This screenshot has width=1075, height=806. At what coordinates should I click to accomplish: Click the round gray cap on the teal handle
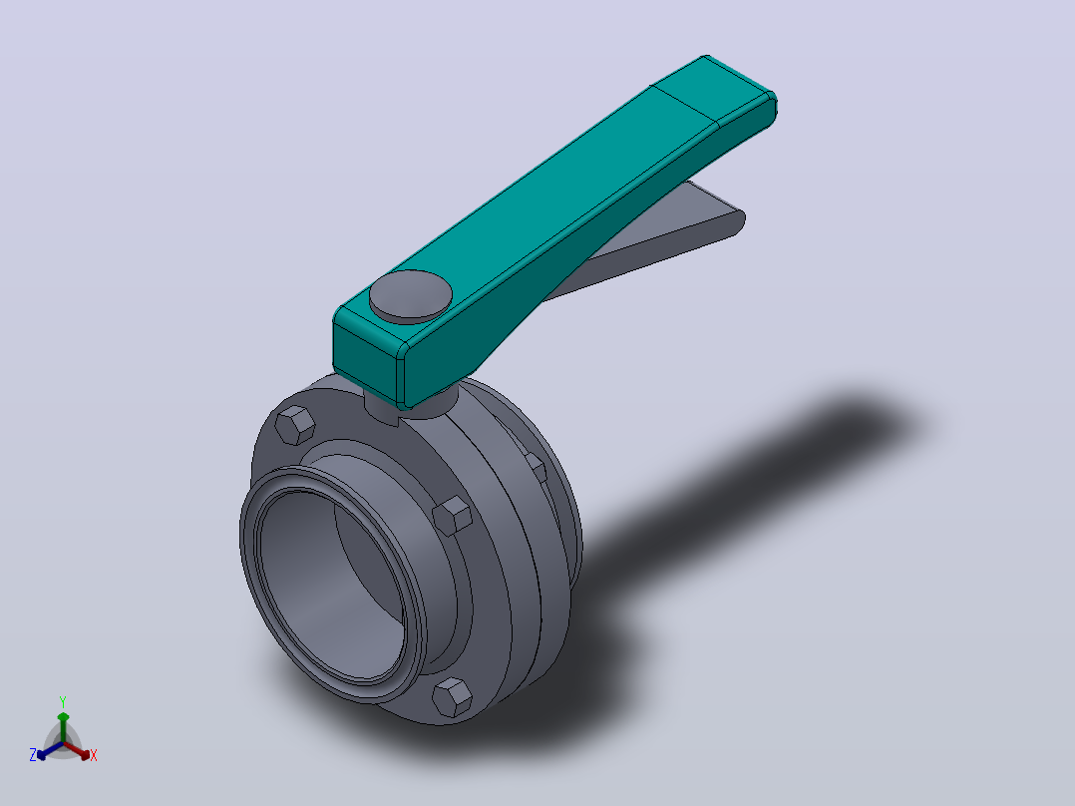pos(411,295)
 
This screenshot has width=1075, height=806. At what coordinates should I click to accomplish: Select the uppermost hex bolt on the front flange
pos(295,425)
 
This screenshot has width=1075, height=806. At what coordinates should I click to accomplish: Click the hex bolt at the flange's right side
pos(453,515)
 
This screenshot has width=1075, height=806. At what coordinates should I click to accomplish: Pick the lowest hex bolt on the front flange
pos(453,697)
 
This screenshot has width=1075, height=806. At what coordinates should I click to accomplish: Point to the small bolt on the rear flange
pos(537,467)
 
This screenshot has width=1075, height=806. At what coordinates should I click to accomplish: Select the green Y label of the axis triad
pos(63,701)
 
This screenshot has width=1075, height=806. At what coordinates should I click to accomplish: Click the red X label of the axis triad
pos(94,755)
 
